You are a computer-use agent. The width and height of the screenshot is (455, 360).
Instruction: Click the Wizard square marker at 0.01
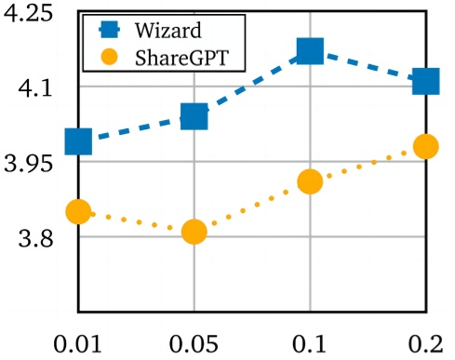tap(78, 141)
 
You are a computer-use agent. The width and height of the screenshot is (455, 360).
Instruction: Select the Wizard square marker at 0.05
tap(194, 116)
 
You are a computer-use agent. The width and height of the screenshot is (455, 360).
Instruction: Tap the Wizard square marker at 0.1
tap(310, 50)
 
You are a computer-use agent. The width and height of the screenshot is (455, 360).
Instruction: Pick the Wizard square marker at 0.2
tap(426, 81)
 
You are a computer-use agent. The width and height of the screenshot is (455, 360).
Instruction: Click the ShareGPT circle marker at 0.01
tap(78, 212)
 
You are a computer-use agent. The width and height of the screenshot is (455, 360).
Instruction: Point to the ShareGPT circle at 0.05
tap(194, 232)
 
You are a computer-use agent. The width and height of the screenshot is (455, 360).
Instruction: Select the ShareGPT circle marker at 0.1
tap(310, 182)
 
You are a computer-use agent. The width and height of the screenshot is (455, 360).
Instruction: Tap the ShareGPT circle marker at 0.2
tap(426, 146)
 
